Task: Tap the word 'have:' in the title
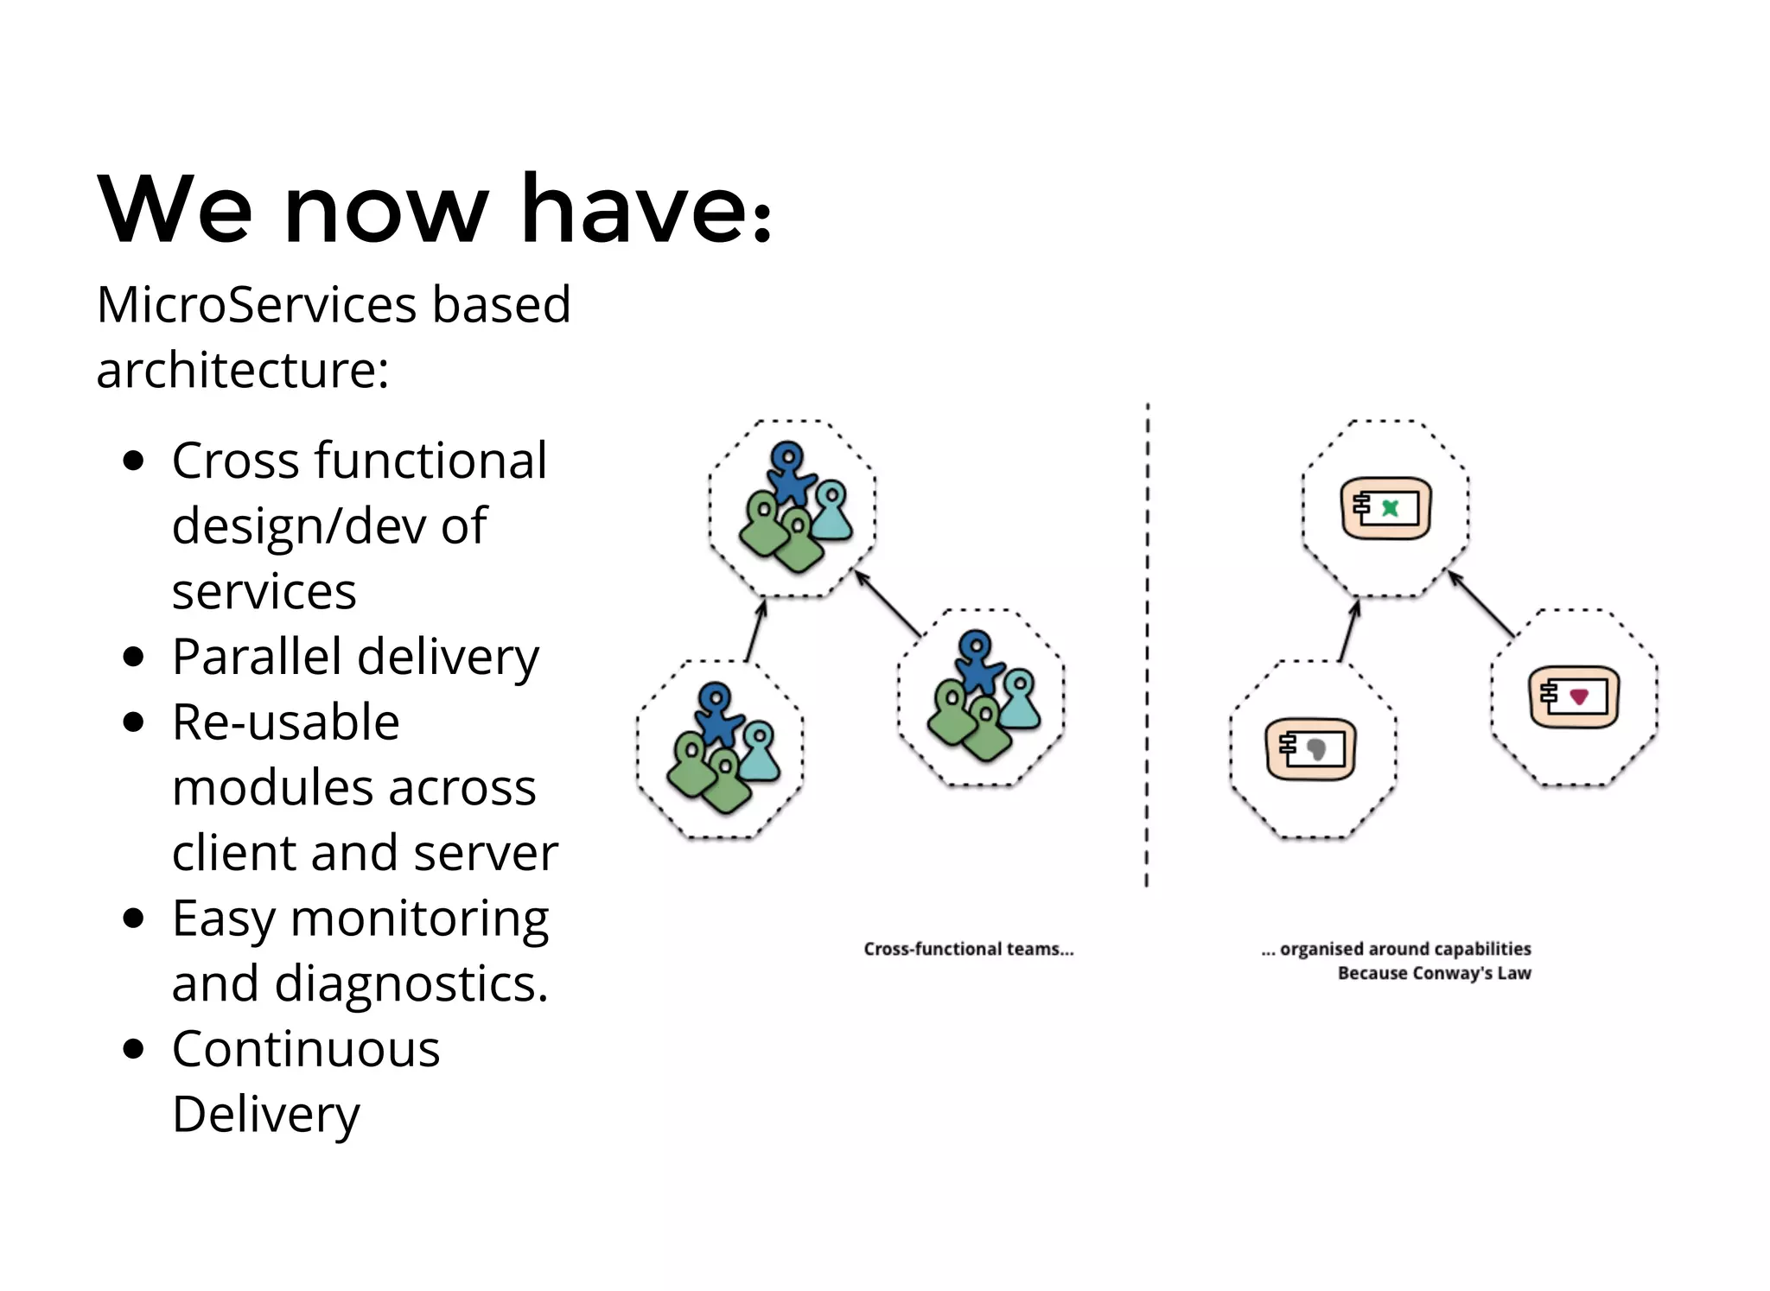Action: click(x=646, y=210)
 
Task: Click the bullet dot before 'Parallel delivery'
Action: click(x=133, y=657)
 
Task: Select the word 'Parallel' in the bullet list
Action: click(x=257, y=657)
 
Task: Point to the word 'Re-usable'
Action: click(x=285, y=722)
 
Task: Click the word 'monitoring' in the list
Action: click(x=420, y=919)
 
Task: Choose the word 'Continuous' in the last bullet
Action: click(x=306, y=1050)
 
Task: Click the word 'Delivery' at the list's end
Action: click(x=265, y=1115)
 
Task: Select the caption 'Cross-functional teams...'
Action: click(x=968, y=949)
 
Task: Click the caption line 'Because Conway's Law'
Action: click(x=1434, y=974)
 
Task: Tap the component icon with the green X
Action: click(x=1385, y=508)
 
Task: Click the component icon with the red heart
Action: click(x=1573, y=696)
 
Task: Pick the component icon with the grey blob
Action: click(x=1310, y=748)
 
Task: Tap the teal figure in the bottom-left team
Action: click(x=760, y=754)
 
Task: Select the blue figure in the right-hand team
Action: click(x=977, y=663)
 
